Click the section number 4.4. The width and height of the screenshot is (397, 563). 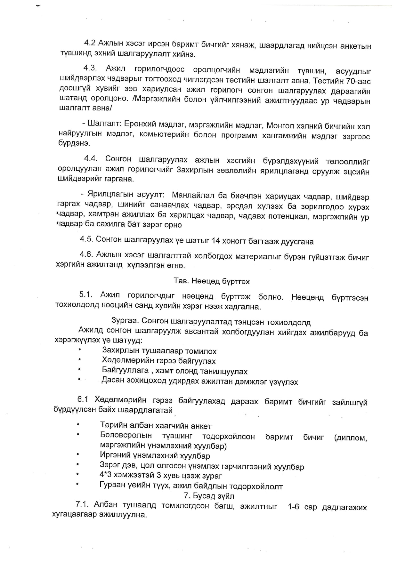pos(91,159)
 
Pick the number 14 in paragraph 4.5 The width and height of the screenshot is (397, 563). pos(216,241)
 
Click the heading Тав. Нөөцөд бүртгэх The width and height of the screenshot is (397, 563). pos(211,281)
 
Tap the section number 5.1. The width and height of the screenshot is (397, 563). pos(86,295)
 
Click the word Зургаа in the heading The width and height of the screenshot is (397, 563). pos(125,321)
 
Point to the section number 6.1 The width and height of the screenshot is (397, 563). pos(83,399)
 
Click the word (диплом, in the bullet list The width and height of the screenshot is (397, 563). pos(350,438)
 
